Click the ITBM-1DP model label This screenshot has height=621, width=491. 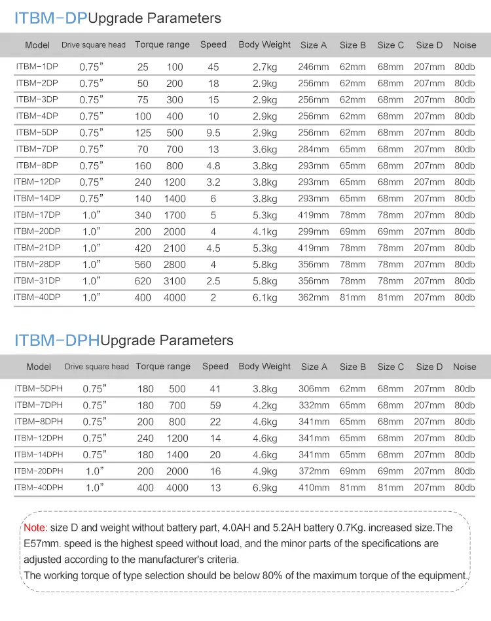tap(37, 67)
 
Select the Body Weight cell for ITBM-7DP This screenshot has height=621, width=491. tap(265, 150)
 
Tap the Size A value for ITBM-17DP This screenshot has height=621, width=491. tap(314, 215)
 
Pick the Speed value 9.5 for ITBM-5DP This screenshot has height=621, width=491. tap(213, 133)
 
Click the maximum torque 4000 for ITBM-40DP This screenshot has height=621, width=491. tap(175, 297)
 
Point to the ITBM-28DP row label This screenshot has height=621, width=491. tap(37, 264)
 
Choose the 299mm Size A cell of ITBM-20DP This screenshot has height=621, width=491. tap(314, 231)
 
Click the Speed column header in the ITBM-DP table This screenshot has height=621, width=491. tap(213, 45)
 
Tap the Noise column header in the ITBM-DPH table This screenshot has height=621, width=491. tap(465, 367)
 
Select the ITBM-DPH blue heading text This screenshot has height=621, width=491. tap(57, 340)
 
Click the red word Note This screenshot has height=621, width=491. tap(35, 528)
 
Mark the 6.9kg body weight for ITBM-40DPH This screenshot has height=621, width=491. tap(265, 488)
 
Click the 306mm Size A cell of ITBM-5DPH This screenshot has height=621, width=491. tap(314, 389)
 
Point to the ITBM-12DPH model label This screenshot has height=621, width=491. tap(39, 438)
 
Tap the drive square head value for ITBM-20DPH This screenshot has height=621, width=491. tap(93, 471)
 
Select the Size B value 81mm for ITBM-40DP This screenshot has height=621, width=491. tap(353, 297)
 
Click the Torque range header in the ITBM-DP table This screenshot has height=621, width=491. tap(162, 45)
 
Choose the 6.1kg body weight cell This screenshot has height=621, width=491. tap(265, 297)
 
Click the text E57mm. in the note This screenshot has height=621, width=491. tap(43, 543)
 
